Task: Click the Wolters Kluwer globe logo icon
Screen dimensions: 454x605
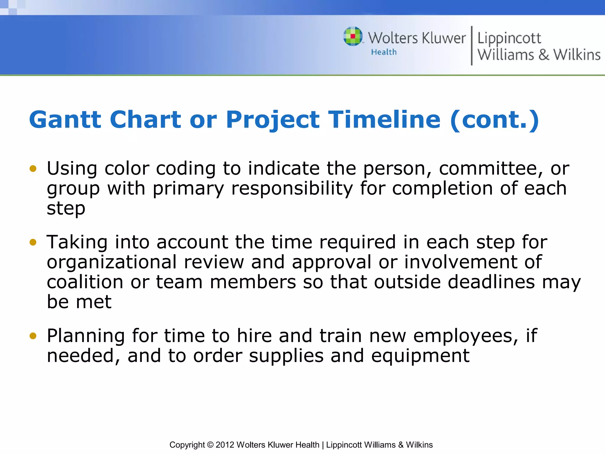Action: coord(353,36)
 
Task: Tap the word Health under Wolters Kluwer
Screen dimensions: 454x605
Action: coord(384,52)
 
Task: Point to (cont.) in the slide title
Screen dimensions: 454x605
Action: coord(495,120)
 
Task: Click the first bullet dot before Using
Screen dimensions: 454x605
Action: coord(33,169)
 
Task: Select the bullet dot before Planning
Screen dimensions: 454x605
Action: coord(33,336)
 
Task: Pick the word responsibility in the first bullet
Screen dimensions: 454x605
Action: coord(292,189)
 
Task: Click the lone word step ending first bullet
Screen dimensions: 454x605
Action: coord(66,209)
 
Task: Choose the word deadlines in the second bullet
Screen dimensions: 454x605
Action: coord(491,282)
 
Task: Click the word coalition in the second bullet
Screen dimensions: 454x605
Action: coord(85,282)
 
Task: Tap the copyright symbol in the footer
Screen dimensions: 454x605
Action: coord(210,445)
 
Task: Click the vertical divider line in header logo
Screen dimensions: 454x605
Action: coord(471,46)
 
